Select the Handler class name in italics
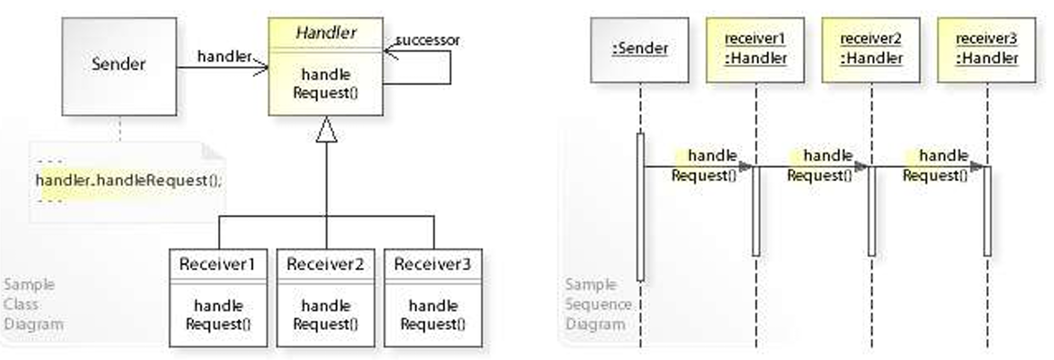tap(326, 33)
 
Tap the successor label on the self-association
tap(427, 40)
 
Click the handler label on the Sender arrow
tap(224, 56)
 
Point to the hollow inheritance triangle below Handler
tap(326, 130)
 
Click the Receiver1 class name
tap(217, 264)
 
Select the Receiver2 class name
tap(325, 264)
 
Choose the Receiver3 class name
tap(432, 264)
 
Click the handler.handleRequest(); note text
tap(128, 180)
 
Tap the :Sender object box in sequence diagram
tap(640, 49)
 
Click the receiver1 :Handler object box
tap(755, 49)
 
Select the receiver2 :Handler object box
tap(871, 49)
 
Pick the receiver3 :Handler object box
tap(987, 49)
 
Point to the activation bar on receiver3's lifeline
tap(987, 211)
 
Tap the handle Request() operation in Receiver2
tap(325, 315)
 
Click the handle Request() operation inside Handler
tap(325, 84)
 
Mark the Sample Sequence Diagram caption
tap(597, 304)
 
